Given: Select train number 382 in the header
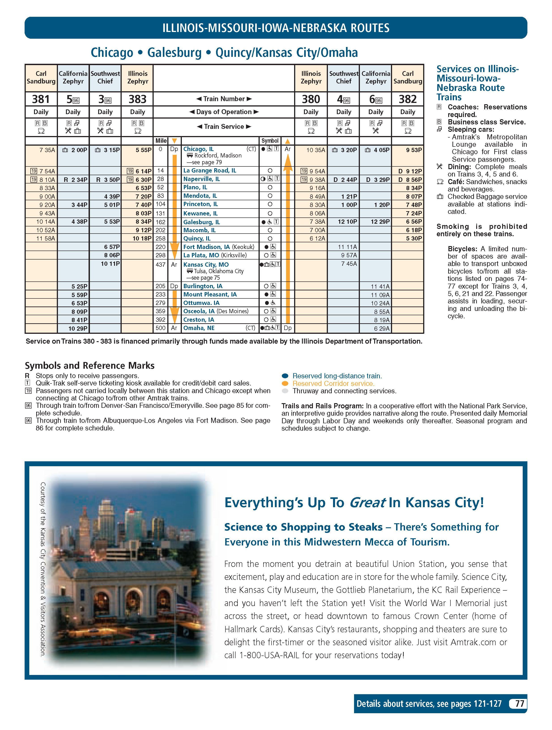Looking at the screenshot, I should [x=408, y=99].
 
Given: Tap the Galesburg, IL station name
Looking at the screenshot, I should [x=201, y=222].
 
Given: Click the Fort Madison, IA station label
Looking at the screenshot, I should [x=207, y=247].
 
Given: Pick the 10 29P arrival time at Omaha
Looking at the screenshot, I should [x=78, y=328].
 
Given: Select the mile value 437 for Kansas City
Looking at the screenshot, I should [x=160, y=264].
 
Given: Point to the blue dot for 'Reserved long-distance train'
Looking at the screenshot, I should [x=285, y=376].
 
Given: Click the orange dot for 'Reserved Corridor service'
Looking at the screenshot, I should [x=285, y=383].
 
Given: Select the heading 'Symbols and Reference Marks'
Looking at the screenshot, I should [x=89, y=365].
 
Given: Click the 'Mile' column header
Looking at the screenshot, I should [x=161, y=140].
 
